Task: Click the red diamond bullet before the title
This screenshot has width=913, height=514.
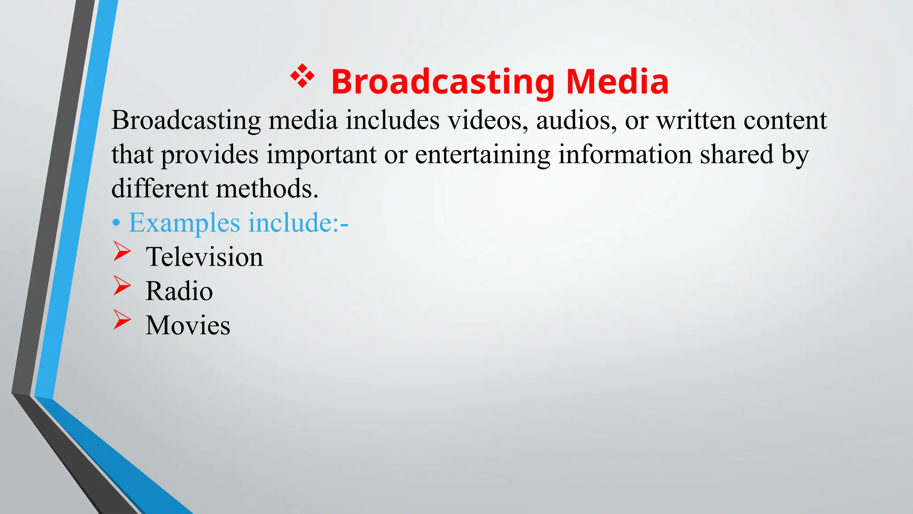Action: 302,76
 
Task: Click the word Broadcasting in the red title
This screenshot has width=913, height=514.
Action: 443,82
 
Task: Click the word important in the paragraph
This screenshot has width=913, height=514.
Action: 321,155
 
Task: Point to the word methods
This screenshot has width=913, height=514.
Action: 267,189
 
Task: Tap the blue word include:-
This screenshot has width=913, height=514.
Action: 298,223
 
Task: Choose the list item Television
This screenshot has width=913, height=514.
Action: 204,257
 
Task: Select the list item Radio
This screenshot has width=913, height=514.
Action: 179,291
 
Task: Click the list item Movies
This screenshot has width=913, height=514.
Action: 188,325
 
